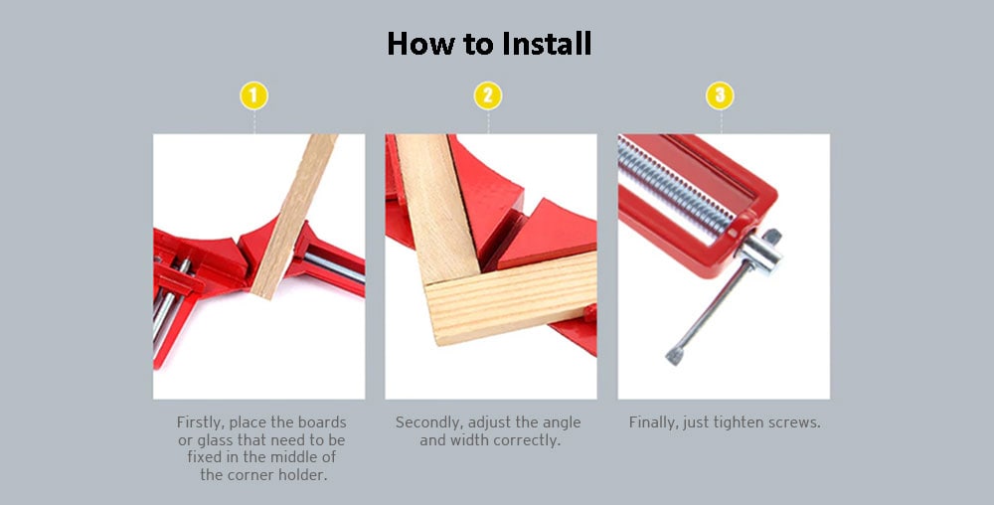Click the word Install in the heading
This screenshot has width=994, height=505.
click(547, 44)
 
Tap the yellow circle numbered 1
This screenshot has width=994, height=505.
click(253, 96)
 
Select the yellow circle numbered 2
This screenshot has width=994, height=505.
click(487, 96)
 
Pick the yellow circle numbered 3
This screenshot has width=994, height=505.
click(720, 96)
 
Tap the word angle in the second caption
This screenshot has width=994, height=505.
click(562, 422)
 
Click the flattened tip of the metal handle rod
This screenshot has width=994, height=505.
click(675, 356)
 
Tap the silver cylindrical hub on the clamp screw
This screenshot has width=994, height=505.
click(758, 252)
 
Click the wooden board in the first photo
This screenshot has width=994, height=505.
click(294, 216)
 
